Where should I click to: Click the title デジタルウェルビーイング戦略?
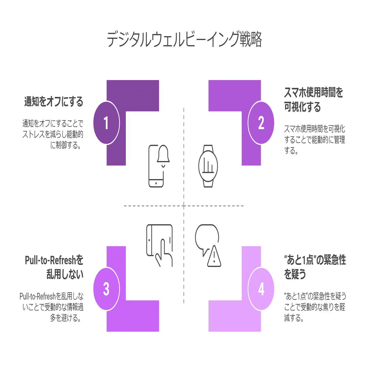pyautogui.click(x=184, y=39)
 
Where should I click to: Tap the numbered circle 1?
pyautogui.click(x=106, y=123)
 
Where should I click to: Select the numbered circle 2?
pyautogui.click(x=261, y=123)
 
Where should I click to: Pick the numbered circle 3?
pyautogui.click(x=106, y=289)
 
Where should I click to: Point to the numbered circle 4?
pyautogui.click(x=261, y=289)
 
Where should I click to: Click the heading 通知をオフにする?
pyautogui.click(x=54, y=102)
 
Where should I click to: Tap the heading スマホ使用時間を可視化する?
pyautogui.click(x=313, y=100)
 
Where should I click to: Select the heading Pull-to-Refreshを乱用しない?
pyautogui.click(x=54, y=267)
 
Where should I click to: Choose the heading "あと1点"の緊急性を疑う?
pyautogui.click(x=315, y=267)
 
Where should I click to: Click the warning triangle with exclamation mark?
pyautogui.click(x=214, y=257)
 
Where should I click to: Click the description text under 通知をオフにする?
pyautogui.click(x=53, y=134)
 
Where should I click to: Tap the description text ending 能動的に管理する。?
pyautogui.click(x=314, y=140)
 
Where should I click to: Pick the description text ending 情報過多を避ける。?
pyautogui.click(x=52, y=307)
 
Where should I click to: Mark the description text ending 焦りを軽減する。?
pyautogui.click(x=315, y=307)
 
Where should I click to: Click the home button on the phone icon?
pyautogui.click(x=156, y=183)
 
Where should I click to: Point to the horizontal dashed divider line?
pyautogui.click(x=150, y=206)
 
